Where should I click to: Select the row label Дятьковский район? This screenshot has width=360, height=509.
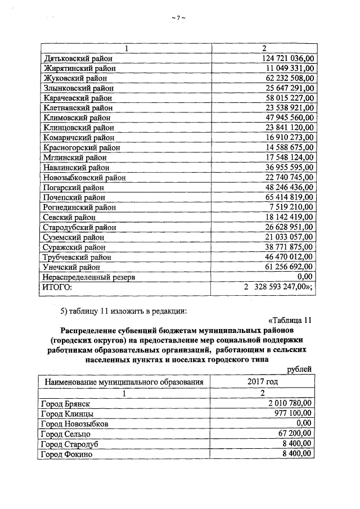pos(78,58)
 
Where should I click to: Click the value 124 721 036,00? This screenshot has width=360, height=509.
pos(287,58)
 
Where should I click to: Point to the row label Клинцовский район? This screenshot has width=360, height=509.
pos(78,128)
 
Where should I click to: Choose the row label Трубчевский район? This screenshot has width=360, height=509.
pos(77,257)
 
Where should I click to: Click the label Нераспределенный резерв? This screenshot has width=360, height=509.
pos(89,277)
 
